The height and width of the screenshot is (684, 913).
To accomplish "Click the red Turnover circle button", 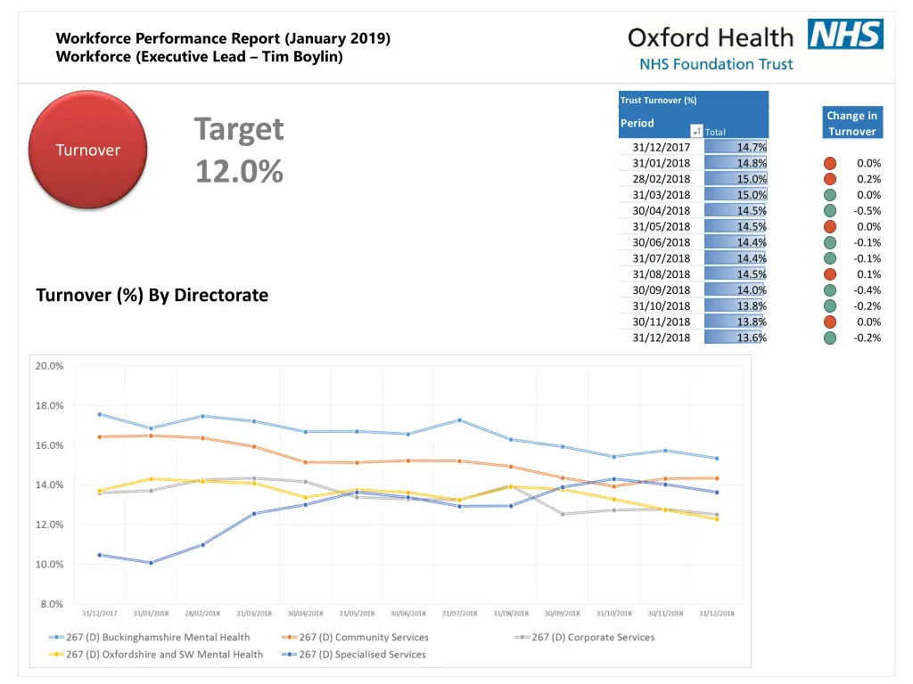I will pyautogui.click(x=87, y=150).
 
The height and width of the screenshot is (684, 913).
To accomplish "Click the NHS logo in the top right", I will pyautogui.click(x=844, y=35).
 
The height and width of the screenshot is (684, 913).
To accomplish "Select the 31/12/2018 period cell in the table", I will pyautogui.click(x=661, y=338).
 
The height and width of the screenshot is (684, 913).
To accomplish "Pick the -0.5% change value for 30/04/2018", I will pyautogui.click(x=867, y=211).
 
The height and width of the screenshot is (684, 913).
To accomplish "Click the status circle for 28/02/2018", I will pyautogui.click(x=830, y=179).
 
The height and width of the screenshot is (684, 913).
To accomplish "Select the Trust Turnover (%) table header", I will pyautogui.click(x=659, y=100).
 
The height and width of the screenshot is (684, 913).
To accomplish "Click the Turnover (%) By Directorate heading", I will pyautogui.click(x=152, y=295).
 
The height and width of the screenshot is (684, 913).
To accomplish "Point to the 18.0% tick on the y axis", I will pyautogui.click(x=49, y=405).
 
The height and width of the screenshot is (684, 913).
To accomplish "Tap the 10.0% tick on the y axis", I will pyautogui.click(x=49, y=564).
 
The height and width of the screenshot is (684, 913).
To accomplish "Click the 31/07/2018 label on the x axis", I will pyautogui.click(x=459, y=613).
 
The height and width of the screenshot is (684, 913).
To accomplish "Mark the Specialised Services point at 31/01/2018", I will pyautogui.click(x=151, y=563).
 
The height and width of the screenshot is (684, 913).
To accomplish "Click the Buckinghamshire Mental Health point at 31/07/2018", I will pyautogui.click(x=459, y=419).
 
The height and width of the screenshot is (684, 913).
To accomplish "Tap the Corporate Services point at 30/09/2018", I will pyautogui.click(x=563, y=514).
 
